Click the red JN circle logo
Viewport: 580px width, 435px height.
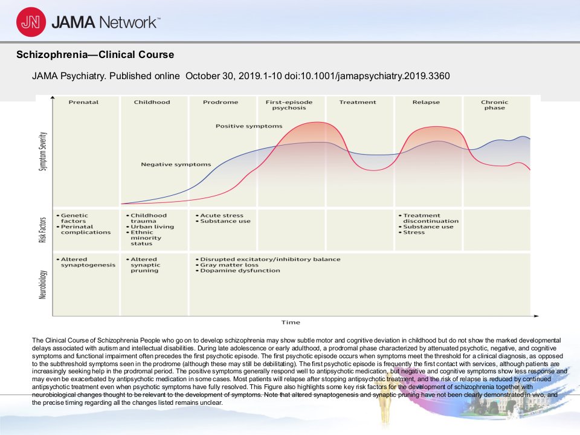tap(31, 22)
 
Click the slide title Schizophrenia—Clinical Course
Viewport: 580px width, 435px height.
tap(95, 55)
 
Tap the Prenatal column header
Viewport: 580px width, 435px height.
tap(83, 102)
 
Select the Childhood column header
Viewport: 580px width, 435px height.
tap(152, 102)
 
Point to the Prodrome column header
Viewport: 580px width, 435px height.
tap(221, 102)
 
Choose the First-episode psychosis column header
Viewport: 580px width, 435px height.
tap(289, 105)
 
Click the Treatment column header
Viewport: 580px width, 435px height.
tap(358, 102)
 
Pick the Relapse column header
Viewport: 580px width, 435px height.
tap(426, 102)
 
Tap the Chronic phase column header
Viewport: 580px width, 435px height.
tap(495, 105)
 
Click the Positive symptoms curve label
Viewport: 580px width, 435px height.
tap(249, 126)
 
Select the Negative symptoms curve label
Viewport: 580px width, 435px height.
tap(176, 164)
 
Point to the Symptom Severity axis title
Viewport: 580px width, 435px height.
tap(43, 151)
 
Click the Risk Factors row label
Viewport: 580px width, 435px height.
tap(43, 230)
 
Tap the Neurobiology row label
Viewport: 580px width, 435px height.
tap(43, 285)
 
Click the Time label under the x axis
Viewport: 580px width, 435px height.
tap(291, 322)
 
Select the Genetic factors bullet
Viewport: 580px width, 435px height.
tap(72, 218)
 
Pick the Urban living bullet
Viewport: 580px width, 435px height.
tap(150, 227)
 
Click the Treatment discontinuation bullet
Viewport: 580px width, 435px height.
tap(429, 218)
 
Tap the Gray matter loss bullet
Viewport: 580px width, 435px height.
tap(227, 265)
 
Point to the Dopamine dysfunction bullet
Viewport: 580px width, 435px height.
tap(238, 271)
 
